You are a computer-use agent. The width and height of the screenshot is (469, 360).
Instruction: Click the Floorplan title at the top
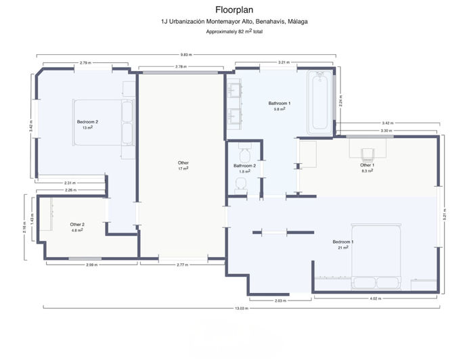pyautogui.click(x=233, y=9)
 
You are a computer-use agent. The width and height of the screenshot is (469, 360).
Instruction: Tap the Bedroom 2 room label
pyautogui.click(x=87, y=122)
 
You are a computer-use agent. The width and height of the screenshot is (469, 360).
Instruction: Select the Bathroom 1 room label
pyautogui.click(x=279, y=103)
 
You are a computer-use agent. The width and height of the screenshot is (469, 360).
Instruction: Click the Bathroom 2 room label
pyautogui.click(x=244, y=166)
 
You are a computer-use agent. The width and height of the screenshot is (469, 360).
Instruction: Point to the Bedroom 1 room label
pyautogui.click(x=343, y=242)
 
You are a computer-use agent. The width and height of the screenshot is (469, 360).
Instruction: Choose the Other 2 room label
pyautogui.click(x=77, y=225)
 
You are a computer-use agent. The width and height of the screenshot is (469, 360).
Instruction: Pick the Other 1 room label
pyautogui.click(x=367, y=165)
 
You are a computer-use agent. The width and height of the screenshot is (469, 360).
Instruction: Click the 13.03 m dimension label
pyautogui.click(x=242, y=309)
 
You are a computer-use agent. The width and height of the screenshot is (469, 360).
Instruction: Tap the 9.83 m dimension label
pyautogui.click(x=184, y=55)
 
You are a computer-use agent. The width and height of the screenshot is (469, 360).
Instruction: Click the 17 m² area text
pyautogui.click(x=183, y=168)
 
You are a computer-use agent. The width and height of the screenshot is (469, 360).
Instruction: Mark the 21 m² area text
pyautogui.click(x=343, y=248)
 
